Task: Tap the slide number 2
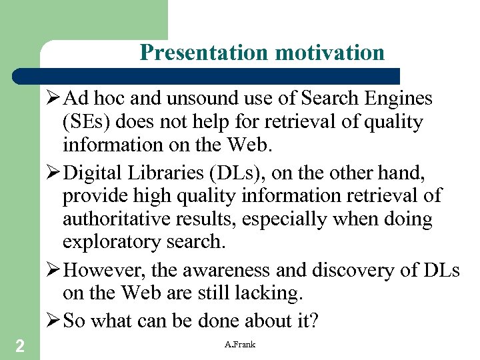(20, 345)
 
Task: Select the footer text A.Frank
(240, 344)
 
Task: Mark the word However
(105, 270)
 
